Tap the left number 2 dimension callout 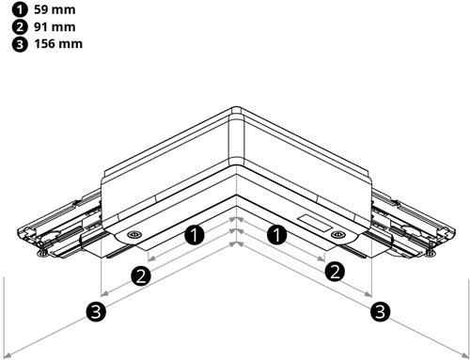coord(141,274)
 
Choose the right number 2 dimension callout coord(334,273)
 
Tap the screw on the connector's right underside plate coord(337,233)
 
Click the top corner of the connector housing coord(236,109)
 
